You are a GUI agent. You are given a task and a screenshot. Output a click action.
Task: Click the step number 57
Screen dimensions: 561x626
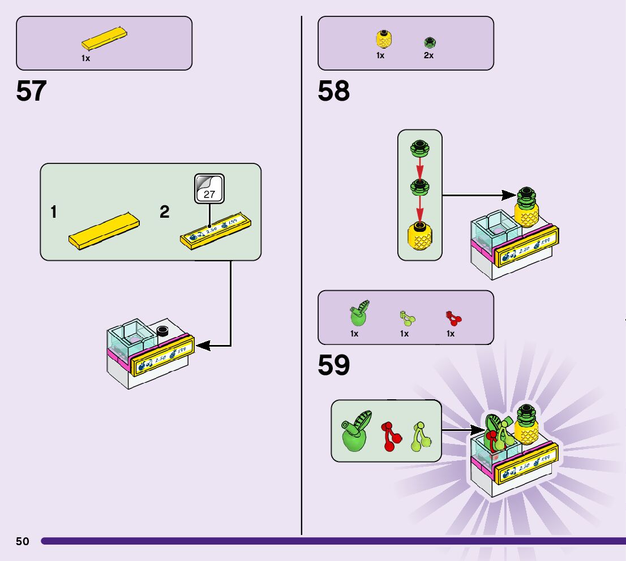click(x=31, y=91)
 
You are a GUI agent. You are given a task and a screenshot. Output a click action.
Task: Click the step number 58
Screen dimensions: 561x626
click(x=333, y=91)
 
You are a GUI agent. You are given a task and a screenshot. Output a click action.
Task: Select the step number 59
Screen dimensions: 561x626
click(x=333, y=366)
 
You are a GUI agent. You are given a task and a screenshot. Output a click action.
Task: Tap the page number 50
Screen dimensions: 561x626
click(x=22, y=541)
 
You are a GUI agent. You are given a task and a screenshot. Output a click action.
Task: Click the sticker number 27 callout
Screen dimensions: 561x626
click(x=209, y=189)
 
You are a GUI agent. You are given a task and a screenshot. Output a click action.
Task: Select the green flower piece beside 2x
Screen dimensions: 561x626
click(x=430, y=42)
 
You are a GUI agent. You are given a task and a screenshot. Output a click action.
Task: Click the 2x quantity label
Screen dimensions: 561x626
click(x=428, y=55)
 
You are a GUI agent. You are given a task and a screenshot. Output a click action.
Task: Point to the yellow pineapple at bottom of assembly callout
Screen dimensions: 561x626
click(x=419, y=236)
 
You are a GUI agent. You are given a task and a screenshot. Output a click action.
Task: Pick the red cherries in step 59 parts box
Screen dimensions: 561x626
click(x=453, y=318)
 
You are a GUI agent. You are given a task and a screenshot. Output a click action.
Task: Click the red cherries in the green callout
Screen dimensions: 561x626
click(x=389, y=437)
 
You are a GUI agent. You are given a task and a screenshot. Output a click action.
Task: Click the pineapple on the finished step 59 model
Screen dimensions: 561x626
click(x=526, y=429)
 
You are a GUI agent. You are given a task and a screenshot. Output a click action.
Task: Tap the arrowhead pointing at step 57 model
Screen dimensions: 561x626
click(x=201, y=345)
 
